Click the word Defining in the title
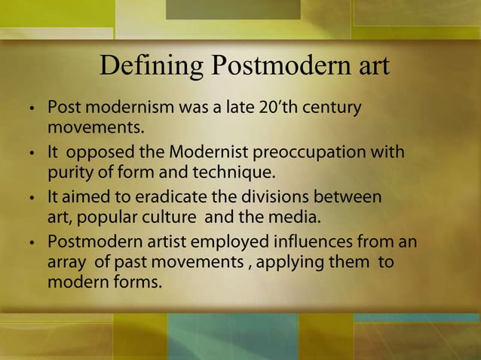click(x=151, y=67)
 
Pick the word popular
click(x=112, y=219)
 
